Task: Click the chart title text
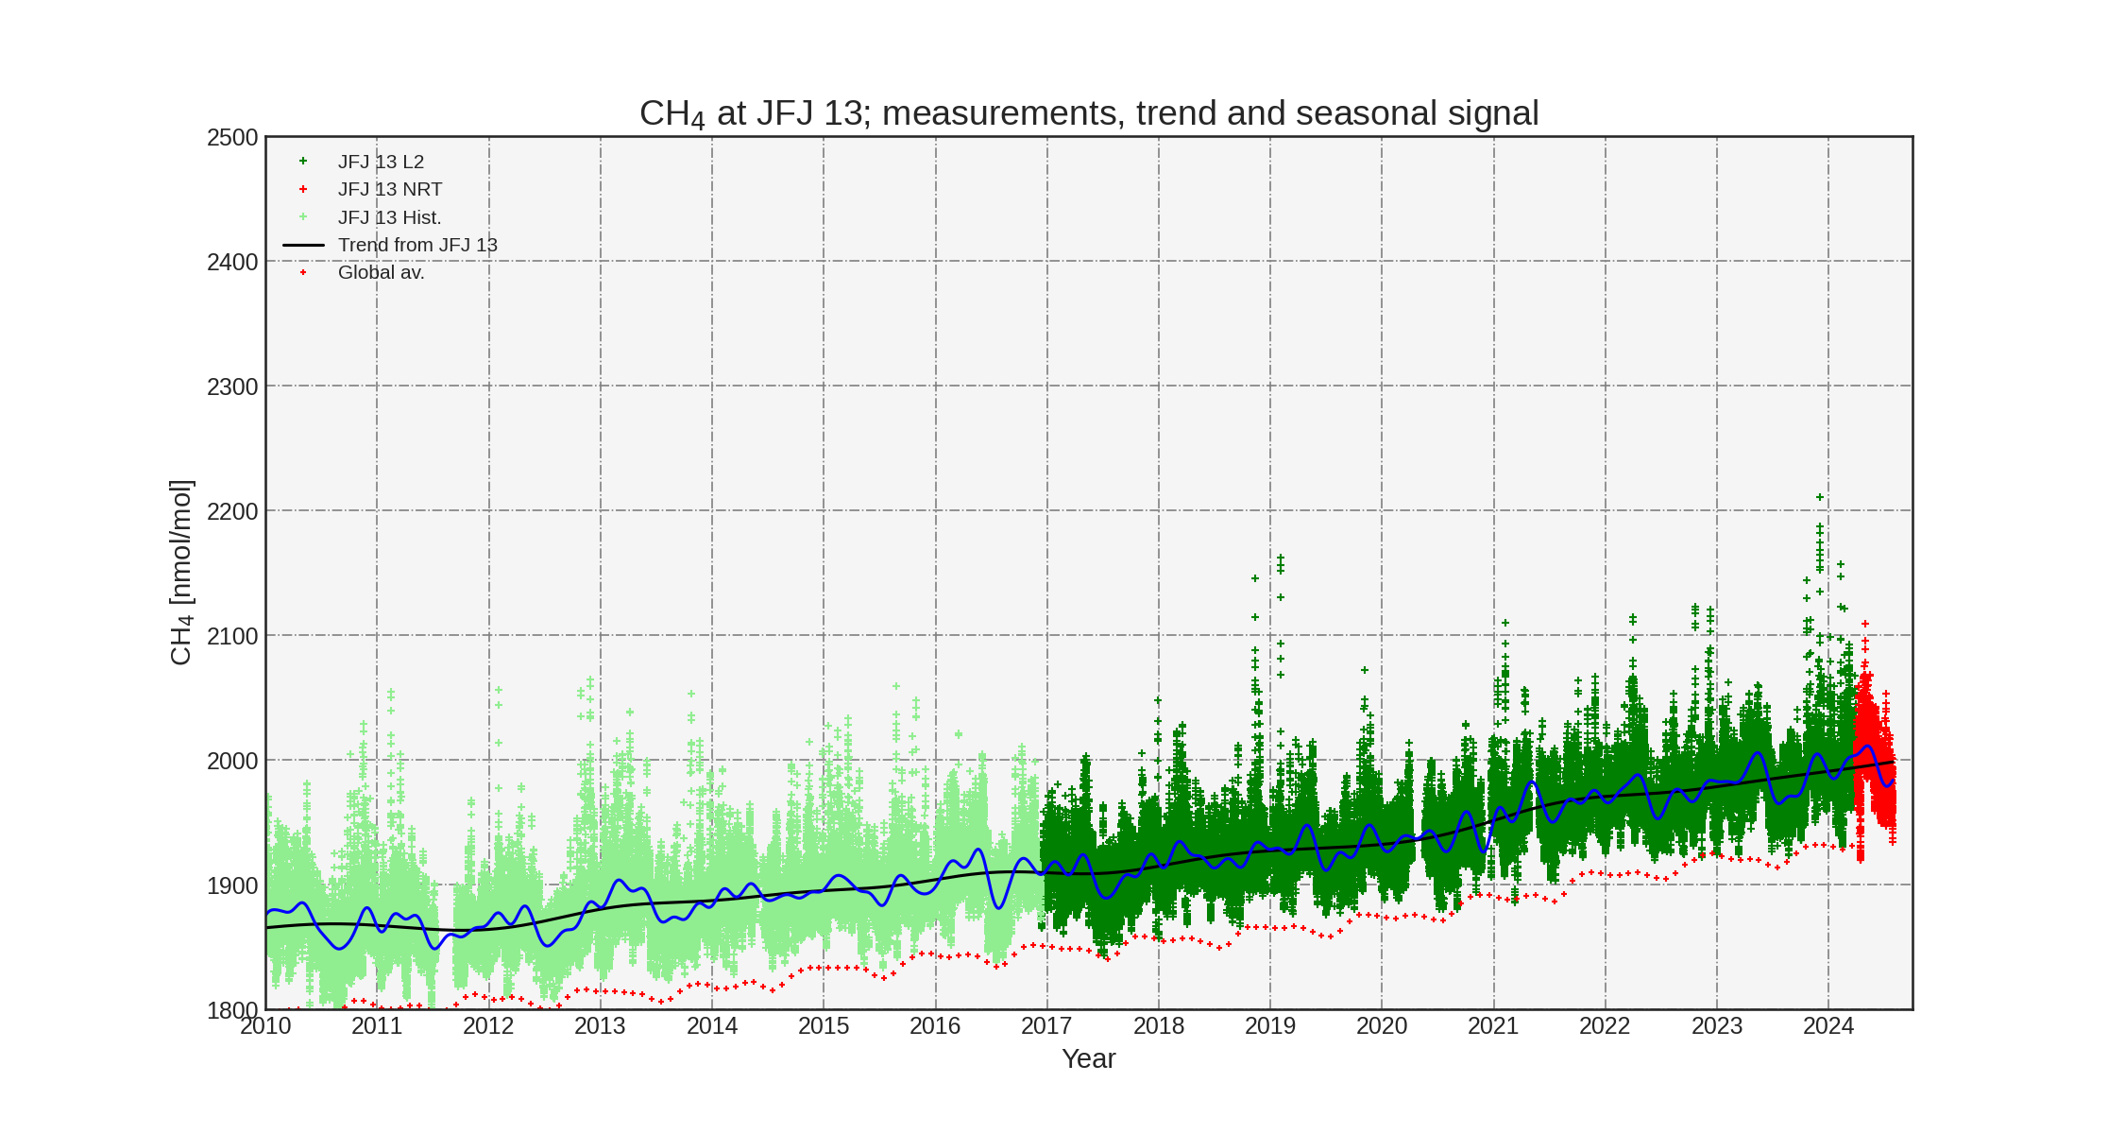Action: (1088, 113)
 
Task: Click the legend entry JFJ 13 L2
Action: (381, 162)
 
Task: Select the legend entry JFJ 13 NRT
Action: (389, 189)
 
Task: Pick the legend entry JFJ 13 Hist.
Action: (389, 217)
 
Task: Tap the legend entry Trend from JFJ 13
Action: (416, 245)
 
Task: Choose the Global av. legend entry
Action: (381, 272)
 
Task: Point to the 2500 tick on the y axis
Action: (232, 138)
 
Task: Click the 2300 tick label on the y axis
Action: (232, 387)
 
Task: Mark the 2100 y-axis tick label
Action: (232, 636)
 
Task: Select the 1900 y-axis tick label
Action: (232, 885)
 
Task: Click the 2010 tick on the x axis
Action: (265, 1025)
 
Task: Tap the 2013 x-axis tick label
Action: (600, 1025)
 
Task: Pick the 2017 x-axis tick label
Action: (1046, 1025)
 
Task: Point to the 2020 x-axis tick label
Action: (1382, 1025)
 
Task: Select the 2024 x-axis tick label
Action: (1828, 1025)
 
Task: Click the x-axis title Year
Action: (1088, 1058)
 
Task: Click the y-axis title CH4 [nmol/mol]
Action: (180, 573)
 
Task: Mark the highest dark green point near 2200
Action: (1820, 497)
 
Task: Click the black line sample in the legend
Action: (303, 245)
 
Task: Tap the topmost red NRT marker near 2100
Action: (1865, 624)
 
